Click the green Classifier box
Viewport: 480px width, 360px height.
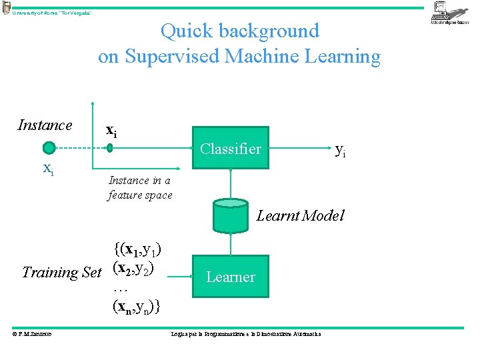[x=230, y=148]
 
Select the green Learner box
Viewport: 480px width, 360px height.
[x=230, y=277]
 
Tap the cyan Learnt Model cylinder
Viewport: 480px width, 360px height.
[x=231, y=215]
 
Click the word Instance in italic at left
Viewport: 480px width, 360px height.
[x=45, y=125]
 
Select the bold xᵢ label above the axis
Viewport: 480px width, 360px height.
[x=111, y=131]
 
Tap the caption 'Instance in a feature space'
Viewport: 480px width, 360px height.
[x=140, y=187]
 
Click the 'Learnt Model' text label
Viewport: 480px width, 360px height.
[x=300, y=215]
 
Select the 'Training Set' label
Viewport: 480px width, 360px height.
[x=61, y=272]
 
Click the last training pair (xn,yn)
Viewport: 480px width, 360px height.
[x=136, y=307]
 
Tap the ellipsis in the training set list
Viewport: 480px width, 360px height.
[x=121, y=290]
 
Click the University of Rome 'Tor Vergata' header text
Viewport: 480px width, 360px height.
[x=52, y=13]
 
